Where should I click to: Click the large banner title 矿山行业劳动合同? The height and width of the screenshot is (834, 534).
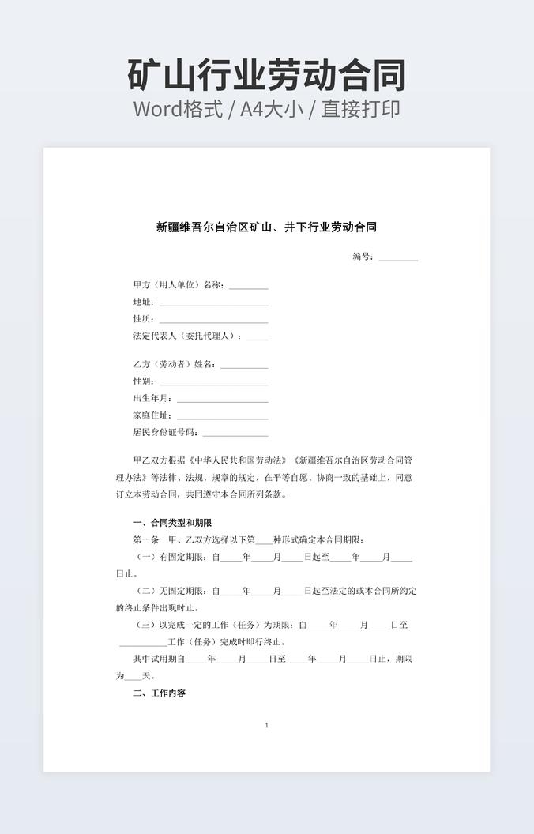click(x=266, y=75)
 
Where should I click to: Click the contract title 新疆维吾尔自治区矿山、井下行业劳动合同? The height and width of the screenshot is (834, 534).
click(x=266, y=227)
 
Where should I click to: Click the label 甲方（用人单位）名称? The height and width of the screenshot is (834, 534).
click(x=179, y=285)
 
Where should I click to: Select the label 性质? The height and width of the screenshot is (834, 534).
click(x=142, y=319)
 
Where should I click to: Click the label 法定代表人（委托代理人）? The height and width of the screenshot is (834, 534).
click(x=187, y=336)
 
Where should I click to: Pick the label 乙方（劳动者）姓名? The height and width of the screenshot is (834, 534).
click(x=175, y=365)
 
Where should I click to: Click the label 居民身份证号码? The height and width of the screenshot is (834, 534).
click(x=165, y=433)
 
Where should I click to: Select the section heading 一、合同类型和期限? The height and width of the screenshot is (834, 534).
click(x=172, y=523)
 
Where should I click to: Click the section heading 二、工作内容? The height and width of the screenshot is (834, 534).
click(x=160, y=693)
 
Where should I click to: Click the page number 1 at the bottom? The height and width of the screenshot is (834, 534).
click(x=266, y=725)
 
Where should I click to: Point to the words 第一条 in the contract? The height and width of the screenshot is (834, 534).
click(x=145, y=540)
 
